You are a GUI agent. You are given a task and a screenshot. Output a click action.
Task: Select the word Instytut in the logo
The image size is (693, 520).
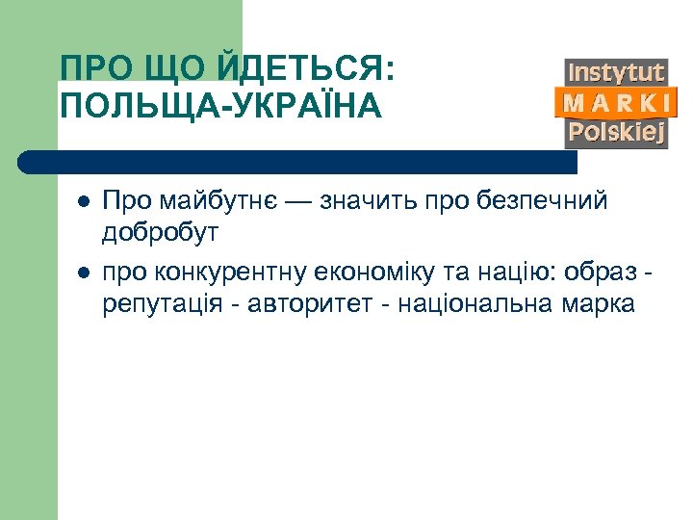click(x=616, y=72)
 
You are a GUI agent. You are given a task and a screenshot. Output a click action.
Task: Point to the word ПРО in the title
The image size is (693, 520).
click(x=89, y=69)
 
